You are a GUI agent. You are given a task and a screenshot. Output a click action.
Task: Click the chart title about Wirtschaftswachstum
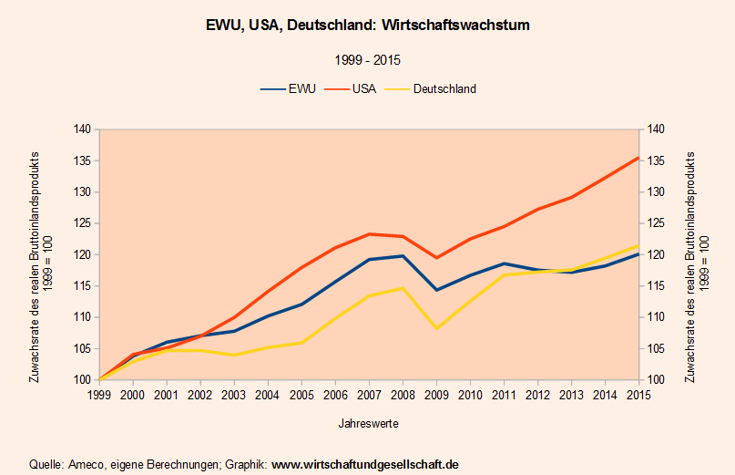[368, 26]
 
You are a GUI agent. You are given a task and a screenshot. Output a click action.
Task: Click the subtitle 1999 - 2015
[368, 60]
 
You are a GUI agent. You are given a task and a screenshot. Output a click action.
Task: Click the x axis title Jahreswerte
[368, 424]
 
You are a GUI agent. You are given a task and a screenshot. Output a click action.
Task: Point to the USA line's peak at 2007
[369, 234]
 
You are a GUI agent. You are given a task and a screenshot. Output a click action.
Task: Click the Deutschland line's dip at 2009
[436, 328]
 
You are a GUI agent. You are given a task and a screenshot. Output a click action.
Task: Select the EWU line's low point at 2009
[436, 290]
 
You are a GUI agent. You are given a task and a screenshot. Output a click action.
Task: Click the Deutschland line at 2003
[234, 355]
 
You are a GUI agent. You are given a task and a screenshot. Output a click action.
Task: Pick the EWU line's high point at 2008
[403, 256]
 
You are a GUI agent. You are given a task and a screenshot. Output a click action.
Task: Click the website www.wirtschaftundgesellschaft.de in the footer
[365, 465]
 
